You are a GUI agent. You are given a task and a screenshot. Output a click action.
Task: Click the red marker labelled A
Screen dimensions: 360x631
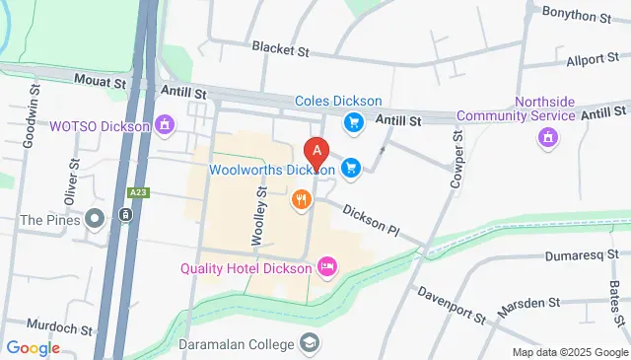click(x=316, y=154)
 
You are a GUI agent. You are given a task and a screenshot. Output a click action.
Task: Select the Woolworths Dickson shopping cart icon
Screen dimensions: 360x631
click(x=350, y=169)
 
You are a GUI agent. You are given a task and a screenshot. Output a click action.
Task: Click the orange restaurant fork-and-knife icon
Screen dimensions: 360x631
click(x=302, y=200)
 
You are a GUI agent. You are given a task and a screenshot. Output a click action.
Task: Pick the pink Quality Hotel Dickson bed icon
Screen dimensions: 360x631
click(x=326, y=266)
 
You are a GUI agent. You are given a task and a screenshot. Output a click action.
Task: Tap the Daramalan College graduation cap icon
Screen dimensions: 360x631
click(x=310, y=343)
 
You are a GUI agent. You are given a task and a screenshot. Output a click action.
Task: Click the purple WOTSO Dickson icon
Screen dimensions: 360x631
click(x=165, y=125)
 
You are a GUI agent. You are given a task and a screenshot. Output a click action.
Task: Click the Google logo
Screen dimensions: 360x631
click(x=33, y=347)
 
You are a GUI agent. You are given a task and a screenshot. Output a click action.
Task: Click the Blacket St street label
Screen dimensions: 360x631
click(x=281, y=47)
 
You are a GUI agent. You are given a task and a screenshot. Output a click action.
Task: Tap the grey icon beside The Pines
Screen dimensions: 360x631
click(x=95, y=218)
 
